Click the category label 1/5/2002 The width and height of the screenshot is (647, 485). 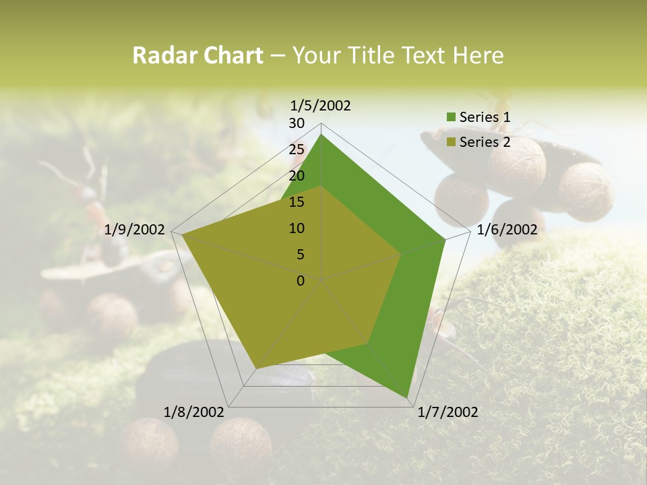coord(321,105)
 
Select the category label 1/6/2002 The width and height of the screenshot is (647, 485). coord(507,230)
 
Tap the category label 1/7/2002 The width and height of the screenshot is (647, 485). coord(448,412)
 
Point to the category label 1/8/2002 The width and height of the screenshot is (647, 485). coord(194,412)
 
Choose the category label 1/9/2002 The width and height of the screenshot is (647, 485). coord(135,230)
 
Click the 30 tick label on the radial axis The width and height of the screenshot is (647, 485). coord(297,123)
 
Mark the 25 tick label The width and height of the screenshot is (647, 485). coord(297,150)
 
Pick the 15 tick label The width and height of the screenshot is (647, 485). coord(297,202)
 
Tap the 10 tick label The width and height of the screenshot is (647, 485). coord(297,228)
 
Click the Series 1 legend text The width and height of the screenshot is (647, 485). coord(485,117)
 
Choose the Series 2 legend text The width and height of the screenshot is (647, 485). coord(485,142)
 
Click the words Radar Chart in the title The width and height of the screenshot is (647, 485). coord(197,56)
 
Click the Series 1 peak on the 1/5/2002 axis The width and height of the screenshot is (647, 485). coord(321,135)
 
